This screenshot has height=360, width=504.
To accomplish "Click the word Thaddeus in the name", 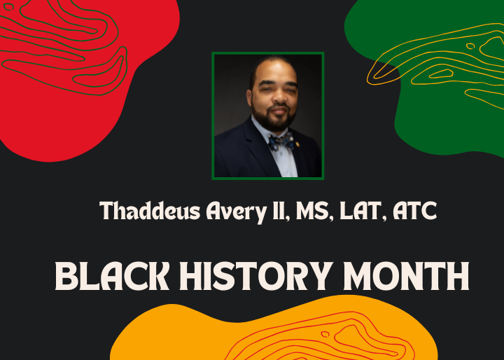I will tap(143, 210).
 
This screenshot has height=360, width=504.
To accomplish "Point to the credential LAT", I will tap(357, 210).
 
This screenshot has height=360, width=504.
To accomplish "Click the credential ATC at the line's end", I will tap(414, 210).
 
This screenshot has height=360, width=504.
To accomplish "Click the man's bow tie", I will tap(280, 141).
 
